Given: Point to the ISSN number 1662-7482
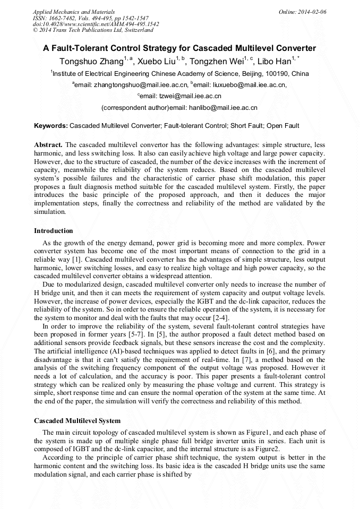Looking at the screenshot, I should (x=62, y=18).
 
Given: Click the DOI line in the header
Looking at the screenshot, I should (x=96, y=24).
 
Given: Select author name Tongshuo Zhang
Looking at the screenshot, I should (x=91, y=61).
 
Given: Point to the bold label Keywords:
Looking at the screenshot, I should (x=51, y=126).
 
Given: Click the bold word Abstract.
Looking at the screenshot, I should (x=48, y=145).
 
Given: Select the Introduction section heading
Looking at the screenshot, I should (x=54, y=231).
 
